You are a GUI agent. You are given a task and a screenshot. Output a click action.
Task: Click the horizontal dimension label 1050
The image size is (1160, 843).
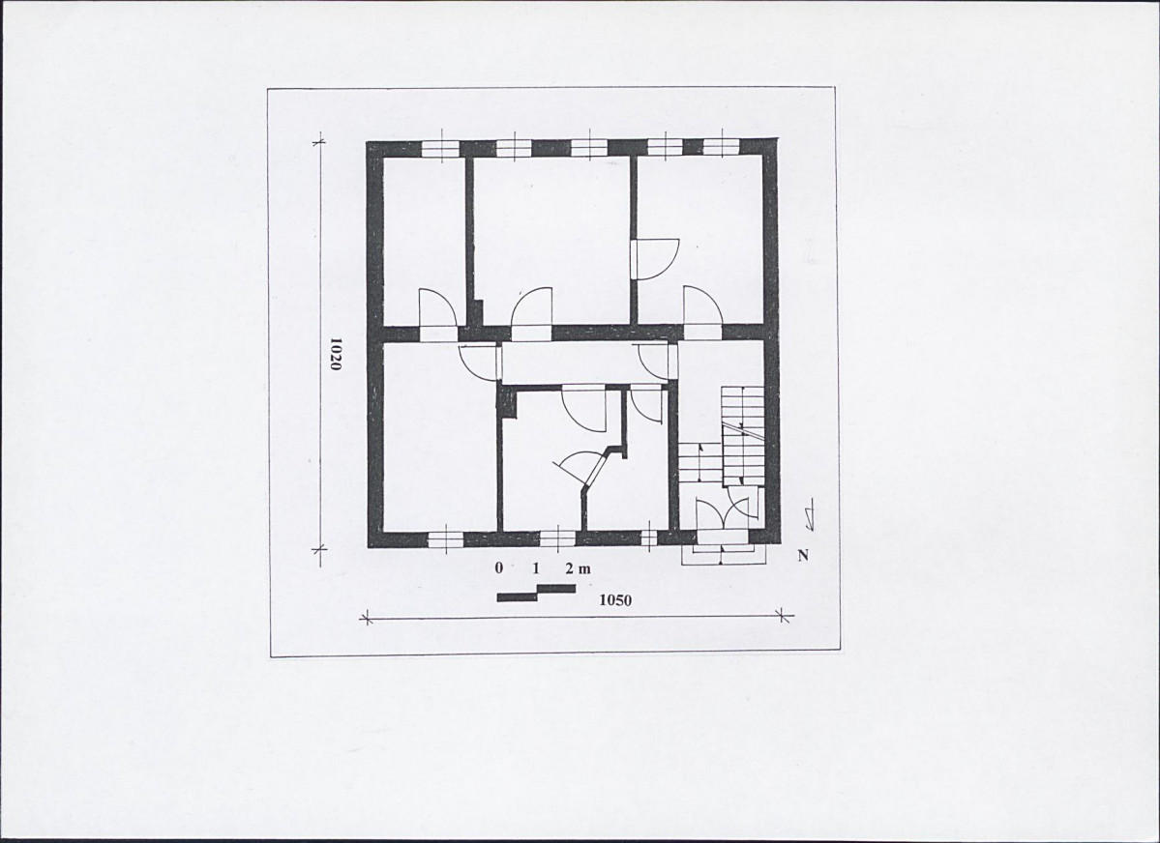(615, 599)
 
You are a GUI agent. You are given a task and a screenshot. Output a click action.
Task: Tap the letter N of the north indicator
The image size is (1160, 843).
(803, 555)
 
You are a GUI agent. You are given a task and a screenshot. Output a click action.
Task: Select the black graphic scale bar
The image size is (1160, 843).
(536, 593)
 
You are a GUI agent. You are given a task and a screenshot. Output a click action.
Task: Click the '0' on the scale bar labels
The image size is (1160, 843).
(499, 567)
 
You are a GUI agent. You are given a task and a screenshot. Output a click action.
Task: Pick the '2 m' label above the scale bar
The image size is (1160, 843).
(578, 568)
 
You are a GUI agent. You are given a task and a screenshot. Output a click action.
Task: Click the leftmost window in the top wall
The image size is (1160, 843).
(442, 147)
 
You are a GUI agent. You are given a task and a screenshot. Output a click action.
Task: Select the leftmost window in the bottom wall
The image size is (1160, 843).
(446, 539)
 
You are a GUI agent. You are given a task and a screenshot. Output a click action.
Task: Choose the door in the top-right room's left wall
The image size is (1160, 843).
(657, 258)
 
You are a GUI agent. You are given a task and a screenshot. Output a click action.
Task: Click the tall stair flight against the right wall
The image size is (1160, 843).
(742, 436)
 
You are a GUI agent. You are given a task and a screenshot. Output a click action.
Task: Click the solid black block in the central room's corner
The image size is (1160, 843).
(507, 404)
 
